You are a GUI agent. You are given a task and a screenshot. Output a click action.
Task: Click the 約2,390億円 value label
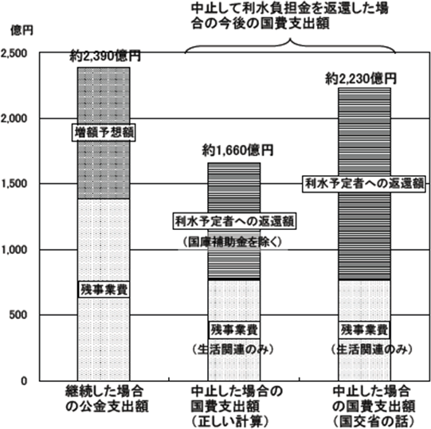pos(105,57)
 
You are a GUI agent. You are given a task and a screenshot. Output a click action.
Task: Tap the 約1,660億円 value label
pos(238,150)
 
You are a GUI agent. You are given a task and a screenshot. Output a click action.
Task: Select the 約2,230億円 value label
pos(361,79)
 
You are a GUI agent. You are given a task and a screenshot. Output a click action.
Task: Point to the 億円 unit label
pos(22,30)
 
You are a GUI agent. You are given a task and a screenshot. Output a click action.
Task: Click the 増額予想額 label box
pos(104,133)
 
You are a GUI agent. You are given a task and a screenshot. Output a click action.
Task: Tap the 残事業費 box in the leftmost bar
pos(104,289)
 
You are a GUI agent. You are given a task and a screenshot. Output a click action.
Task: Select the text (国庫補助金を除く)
pos(233,242)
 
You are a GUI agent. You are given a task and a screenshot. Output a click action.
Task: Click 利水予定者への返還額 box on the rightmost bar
pos(364,184)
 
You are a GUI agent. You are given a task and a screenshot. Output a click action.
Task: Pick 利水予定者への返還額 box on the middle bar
pos(234,220)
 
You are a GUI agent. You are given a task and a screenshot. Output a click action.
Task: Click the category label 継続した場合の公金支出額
pos(107,399)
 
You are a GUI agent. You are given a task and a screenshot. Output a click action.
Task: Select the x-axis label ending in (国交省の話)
pos(374,407)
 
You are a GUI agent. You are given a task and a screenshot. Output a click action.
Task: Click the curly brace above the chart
pos(290,45)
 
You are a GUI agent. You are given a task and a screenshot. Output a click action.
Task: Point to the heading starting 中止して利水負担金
pos(290,16)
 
